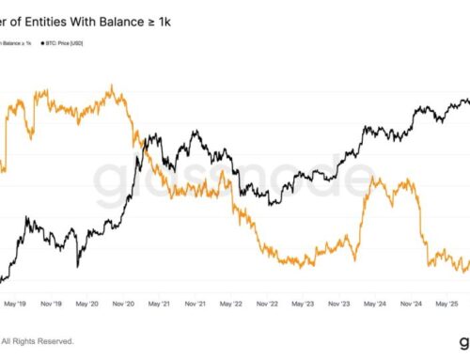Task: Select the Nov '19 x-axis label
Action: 53,304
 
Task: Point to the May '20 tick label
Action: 87,304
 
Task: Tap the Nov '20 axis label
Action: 123,304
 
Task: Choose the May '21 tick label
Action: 160,304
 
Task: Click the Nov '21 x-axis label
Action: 196,304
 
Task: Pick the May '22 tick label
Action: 231,304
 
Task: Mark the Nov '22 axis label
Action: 267,304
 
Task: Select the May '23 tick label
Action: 304,304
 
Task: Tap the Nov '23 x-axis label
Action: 339,304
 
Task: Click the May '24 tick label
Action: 375,304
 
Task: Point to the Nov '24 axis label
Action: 411,304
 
